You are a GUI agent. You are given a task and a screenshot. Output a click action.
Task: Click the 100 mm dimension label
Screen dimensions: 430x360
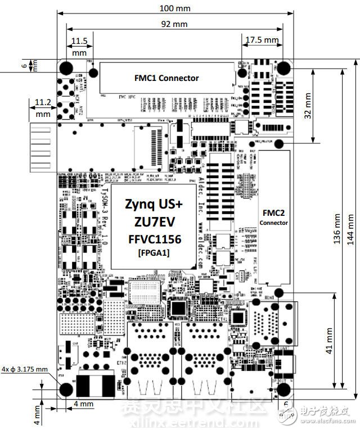(x=174, y=9)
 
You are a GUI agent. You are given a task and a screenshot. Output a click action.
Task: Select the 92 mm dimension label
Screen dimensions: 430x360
(x=174, y=24)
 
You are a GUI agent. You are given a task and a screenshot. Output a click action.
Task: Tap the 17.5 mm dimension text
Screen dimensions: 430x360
(x=263, y=39)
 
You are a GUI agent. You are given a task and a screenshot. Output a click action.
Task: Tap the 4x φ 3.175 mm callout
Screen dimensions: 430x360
(x=25, y=369)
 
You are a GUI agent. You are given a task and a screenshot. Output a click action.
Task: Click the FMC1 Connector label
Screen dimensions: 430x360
(x=166, y=78)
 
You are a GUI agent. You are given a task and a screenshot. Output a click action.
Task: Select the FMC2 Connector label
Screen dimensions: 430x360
(x=273, y=218)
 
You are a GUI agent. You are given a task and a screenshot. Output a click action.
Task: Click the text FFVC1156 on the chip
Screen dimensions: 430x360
(x=154, y=238)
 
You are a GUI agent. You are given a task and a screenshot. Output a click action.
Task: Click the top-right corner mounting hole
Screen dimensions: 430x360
(x=283, y=68)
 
